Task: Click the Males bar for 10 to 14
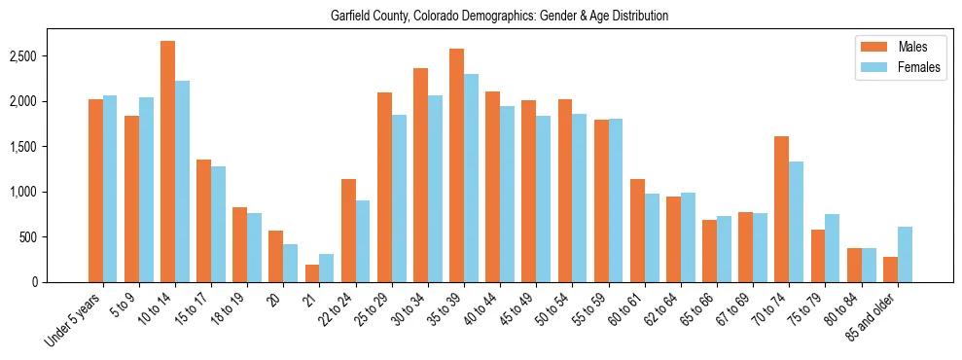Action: (167, 162)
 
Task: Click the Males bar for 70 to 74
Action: (781, 209)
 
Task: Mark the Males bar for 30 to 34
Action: (420, 175)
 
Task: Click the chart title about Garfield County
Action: (481, 16)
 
